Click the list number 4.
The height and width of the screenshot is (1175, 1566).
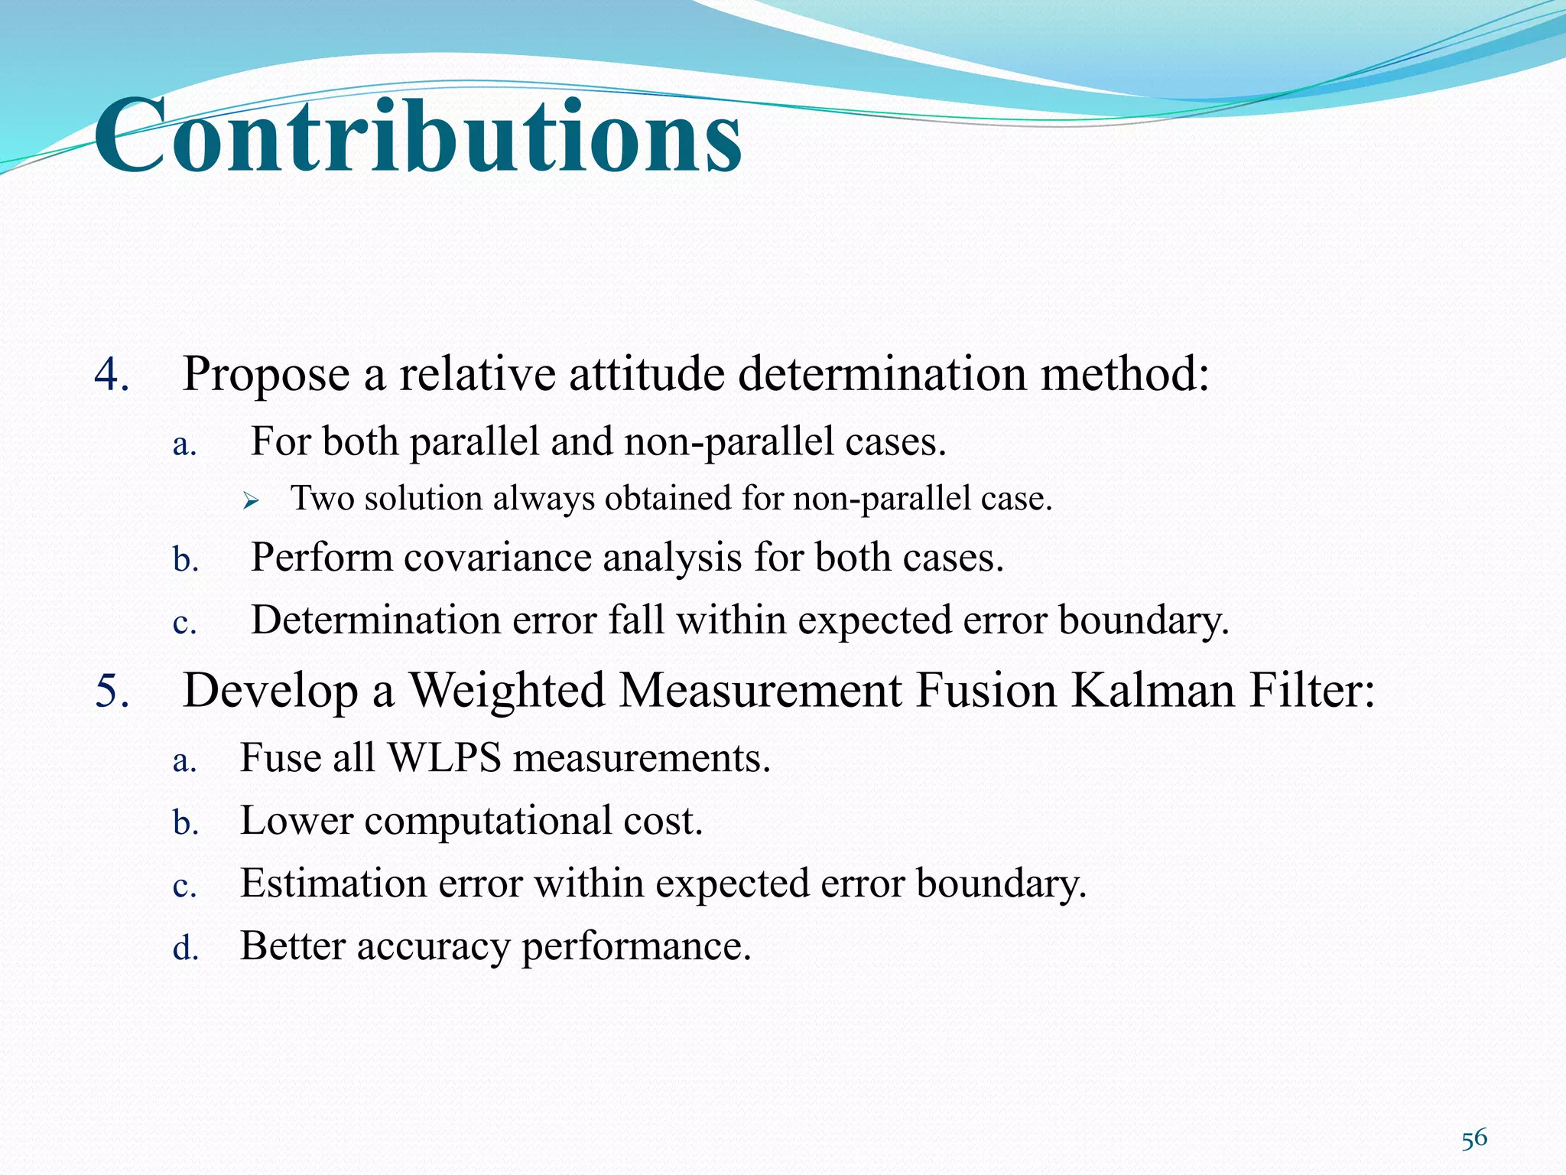[112, 375]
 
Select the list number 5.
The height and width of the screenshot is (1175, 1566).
[112, 691]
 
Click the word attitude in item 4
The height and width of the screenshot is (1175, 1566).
[647, 375]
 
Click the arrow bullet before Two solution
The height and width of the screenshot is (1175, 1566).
[251, 501]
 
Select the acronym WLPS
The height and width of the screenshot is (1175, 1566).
[445, 758]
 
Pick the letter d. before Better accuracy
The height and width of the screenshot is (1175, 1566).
[185, 949]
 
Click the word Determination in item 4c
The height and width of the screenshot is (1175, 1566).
[375, 620]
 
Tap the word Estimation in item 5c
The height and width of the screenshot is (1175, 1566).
[333, 884]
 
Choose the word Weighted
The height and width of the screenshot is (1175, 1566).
[507, 691]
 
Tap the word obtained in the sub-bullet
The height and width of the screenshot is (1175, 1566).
[668, 499]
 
